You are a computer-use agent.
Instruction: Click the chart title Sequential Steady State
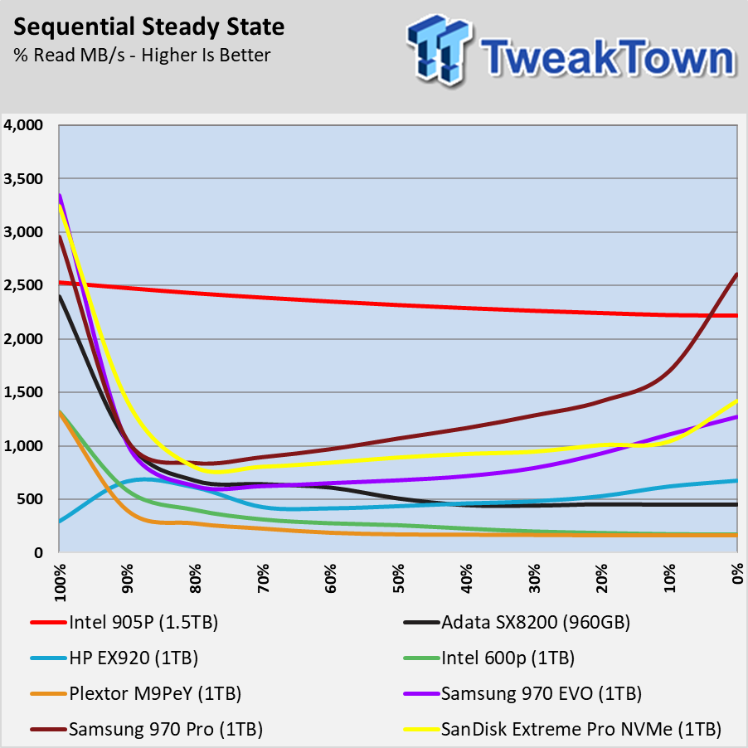(150, 27)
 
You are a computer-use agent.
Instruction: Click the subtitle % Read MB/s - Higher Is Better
(142, 56)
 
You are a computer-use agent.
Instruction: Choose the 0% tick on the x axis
(736, 577)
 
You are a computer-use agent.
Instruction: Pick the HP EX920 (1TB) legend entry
(133, 658)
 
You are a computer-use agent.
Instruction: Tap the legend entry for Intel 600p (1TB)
(508, 658)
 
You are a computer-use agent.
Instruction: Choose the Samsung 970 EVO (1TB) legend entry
(542, 693)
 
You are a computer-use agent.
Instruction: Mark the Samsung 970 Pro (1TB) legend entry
(165, 730)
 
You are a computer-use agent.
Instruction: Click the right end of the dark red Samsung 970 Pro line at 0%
(736, 274)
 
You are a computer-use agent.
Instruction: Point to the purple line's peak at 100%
(60, 196)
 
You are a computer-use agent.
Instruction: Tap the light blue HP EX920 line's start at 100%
(60, 522)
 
